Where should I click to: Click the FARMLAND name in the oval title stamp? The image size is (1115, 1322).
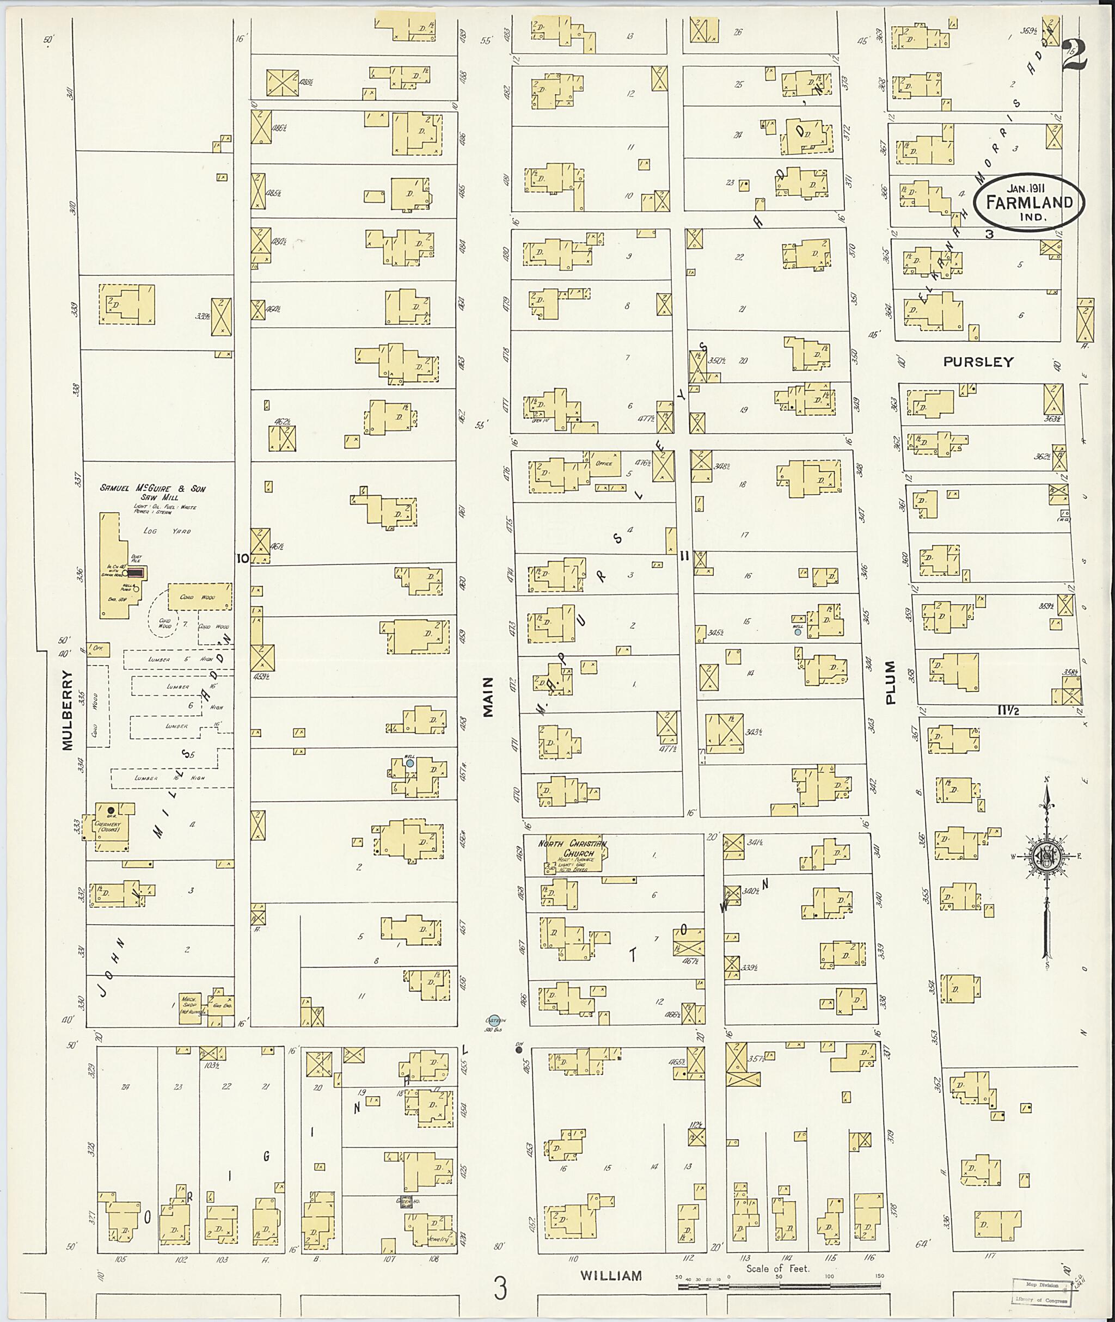click(x=1028, y=202)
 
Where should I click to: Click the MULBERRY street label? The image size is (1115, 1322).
click(x=68, y=710)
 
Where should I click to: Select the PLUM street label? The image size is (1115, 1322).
click(x=891, y=682)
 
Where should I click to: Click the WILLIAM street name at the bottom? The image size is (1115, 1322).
click(x=611, y=1276)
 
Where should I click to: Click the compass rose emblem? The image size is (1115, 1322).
click(x=1046, y=856)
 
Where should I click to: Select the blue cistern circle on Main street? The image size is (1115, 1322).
click(x=495, y=1019)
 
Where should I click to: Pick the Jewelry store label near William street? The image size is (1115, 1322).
click(x=442, y=1239)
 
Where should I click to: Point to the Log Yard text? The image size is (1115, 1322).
click(x=167, y=531)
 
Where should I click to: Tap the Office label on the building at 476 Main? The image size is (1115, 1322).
click(x=604, y=463)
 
